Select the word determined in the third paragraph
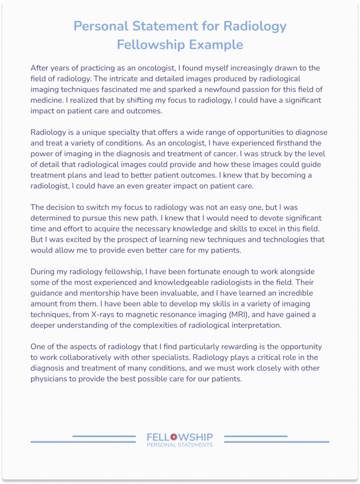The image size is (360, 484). [52, 218]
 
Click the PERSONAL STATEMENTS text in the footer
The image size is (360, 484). [180, 445]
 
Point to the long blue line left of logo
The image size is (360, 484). [83, 442]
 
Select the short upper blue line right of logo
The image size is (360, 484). [255, 436]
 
